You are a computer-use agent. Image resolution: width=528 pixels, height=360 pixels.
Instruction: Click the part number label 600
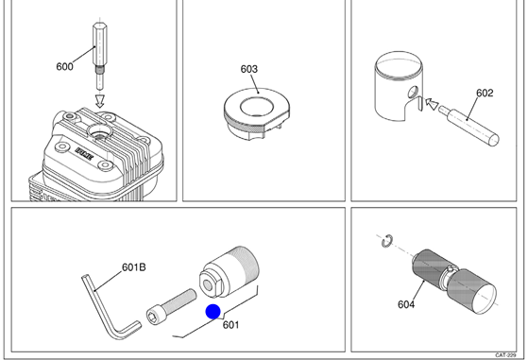pos(64,67)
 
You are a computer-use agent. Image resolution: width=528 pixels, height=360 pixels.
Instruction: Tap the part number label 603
pos(248,69)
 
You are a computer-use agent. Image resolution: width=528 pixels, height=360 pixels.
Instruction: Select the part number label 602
pos(485,93)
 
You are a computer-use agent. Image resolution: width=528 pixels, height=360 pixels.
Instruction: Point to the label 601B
pos(134,267)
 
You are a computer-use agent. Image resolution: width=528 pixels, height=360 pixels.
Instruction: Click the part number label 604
pos(406,304)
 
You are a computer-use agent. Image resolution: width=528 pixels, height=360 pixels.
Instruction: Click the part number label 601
pos(231,325)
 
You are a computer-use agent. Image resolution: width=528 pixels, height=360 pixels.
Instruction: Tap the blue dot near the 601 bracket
pos(213,312)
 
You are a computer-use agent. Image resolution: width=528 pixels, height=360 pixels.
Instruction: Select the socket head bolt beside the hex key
pos(171,305)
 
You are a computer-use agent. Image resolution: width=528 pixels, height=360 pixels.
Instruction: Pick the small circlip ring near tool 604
pos(387,240)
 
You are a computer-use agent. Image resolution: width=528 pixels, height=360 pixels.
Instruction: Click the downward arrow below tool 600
pos(100,101)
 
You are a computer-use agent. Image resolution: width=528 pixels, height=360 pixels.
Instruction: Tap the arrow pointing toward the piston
pos(432,103)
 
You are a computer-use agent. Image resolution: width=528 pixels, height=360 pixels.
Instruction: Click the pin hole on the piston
pos(413,92)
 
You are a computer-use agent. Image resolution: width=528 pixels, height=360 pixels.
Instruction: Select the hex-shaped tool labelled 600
pos(98,57)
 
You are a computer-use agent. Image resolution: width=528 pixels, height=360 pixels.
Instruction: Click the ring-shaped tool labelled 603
pos(257,113)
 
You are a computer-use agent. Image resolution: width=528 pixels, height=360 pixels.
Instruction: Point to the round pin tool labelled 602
pos(468,126)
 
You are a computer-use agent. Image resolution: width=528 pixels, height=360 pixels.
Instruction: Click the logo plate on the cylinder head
pos(85,154)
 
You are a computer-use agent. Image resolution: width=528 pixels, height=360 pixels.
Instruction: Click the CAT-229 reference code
pos(505,355)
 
